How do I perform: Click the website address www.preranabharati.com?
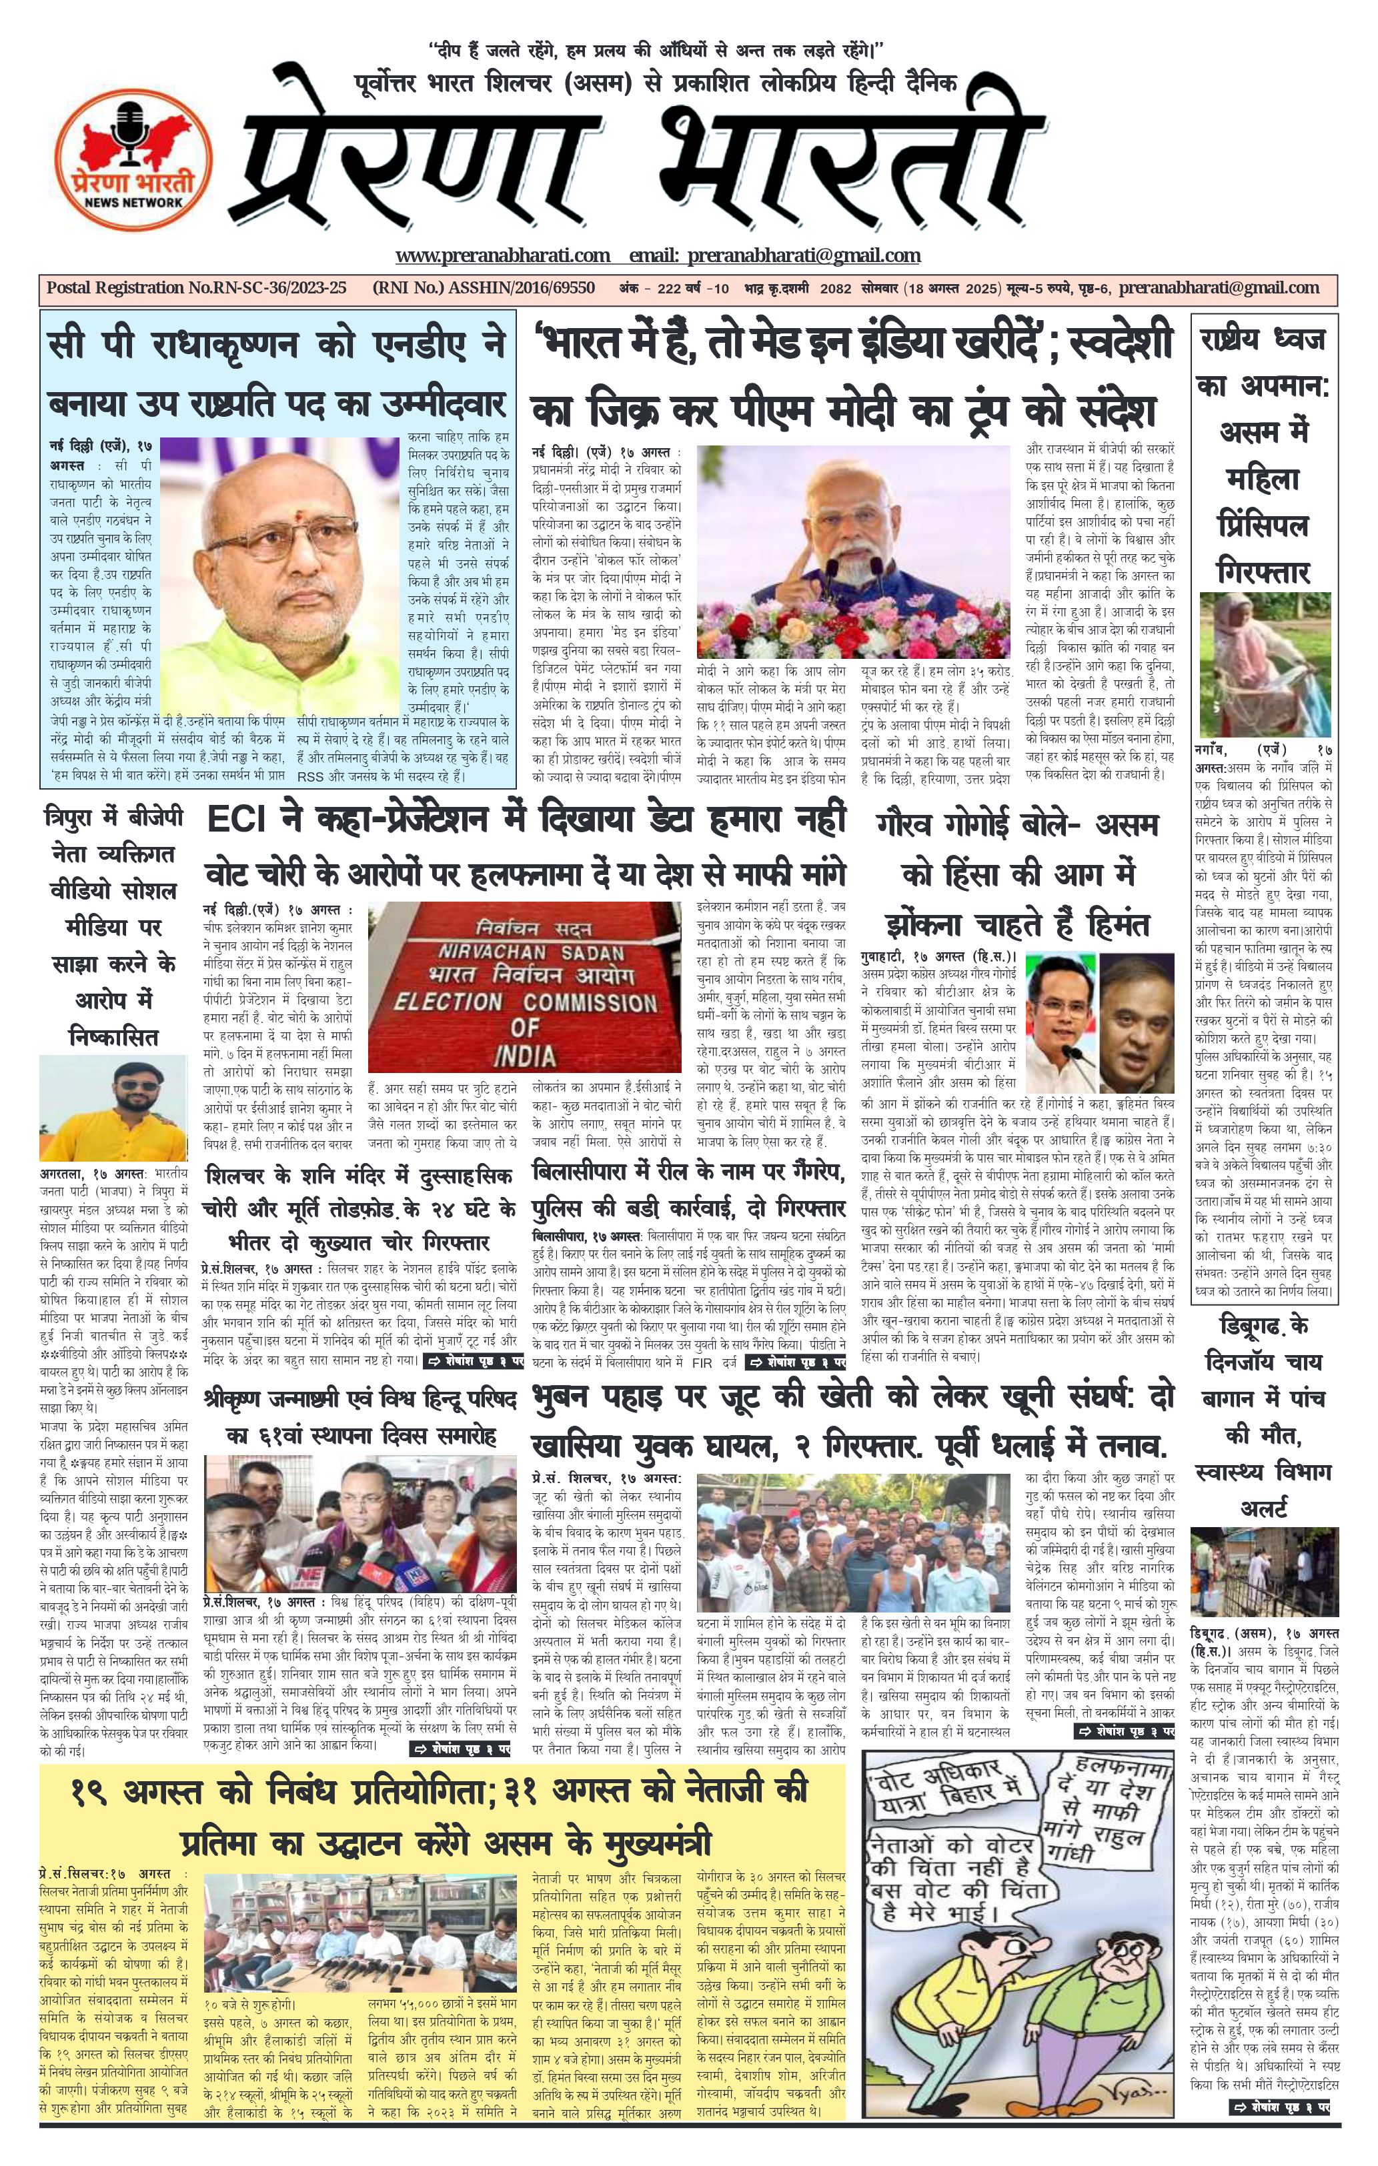(503, 255)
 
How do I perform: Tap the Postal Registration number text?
(196, 288)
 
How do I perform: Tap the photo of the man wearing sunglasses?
(113, 1108)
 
